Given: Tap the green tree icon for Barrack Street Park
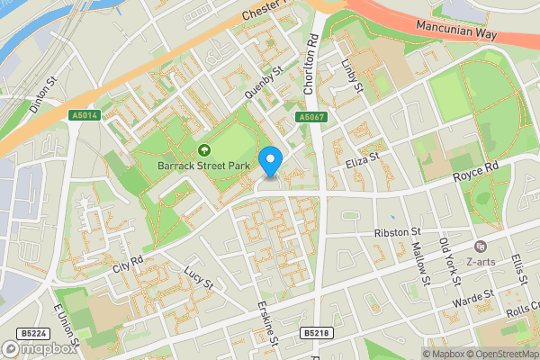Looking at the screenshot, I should click(203, 150).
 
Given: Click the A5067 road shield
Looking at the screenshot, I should click(310, 117).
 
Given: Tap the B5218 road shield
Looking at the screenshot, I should click(316, 333).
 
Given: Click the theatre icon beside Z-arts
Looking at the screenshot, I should click(480, 247).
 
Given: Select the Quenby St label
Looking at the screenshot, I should click(263, 81).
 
